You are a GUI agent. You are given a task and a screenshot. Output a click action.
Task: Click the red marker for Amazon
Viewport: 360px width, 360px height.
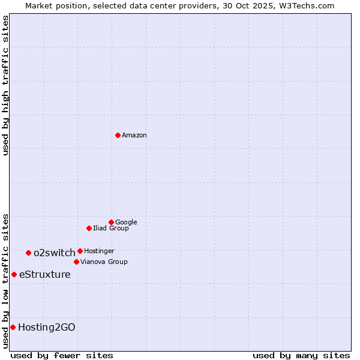click(118, 135)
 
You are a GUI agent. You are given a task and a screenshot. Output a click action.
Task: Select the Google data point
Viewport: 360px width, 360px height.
click(111, 222)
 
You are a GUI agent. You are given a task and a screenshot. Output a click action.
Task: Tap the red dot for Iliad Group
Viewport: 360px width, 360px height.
click(89, 228)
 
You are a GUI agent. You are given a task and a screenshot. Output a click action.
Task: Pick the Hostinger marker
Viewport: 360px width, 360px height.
click(80, 251)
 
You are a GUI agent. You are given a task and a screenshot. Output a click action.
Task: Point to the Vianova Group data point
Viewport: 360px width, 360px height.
click(76, 262)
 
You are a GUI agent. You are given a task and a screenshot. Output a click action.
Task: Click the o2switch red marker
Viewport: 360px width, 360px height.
click(28, 253)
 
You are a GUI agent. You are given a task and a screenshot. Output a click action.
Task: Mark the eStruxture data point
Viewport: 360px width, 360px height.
click(14, 274)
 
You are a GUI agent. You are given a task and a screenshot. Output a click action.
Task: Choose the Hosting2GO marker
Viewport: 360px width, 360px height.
click(13, 327)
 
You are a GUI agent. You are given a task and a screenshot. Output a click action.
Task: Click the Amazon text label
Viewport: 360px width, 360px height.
click(134, 136)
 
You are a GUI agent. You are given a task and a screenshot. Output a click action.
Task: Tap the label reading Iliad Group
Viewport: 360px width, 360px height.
click(111, 228)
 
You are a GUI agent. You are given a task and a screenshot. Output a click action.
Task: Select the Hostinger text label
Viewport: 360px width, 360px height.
click(99, 251)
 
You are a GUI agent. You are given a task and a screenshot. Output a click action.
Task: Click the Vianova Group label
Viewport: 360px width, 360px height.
click(104, 262)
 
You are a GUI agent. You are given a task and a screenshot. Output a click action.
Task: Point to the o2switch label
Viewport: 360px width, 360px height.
click(55, 253)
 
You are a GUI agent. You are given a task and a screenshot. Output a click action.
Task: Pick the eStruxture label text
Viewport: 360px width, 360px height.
click(45, 275)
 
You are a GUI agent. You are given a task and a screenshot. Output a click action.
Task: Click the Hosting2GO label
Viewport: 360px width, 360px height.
click(47, 327)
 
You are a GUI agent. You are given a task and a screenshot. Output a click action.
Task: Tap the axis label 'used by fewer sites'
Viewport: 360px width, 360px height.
click(62, 355)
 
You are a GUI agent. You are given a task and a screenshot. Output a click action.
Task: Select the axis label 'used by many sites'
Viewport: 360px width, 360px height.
click(301, 355)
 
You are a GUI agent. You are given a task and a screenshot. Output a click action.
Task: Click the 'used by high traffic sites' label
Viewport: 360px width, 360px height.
click(5, 85)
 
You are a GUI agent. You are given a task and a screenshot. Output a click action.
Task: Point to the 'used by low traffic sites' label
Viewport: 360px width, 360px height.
click(5, 280)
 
